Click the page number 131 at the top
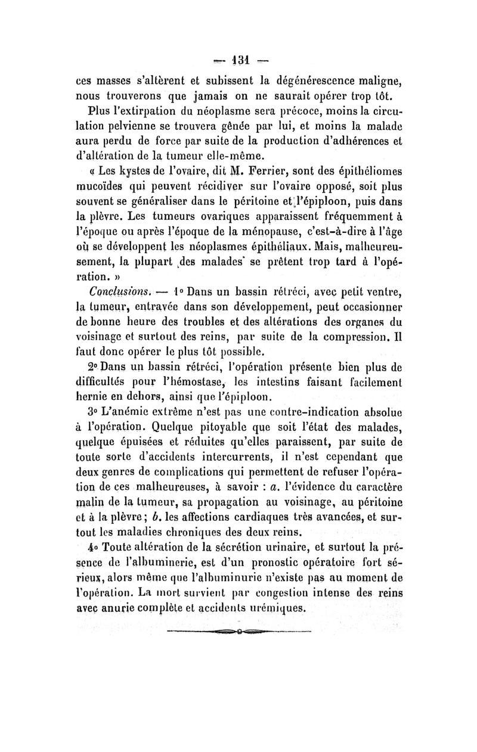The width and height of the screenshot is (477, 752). (x=240, y=60)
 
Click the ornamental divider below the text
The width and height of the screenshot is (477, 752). (x=240, y=663)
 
